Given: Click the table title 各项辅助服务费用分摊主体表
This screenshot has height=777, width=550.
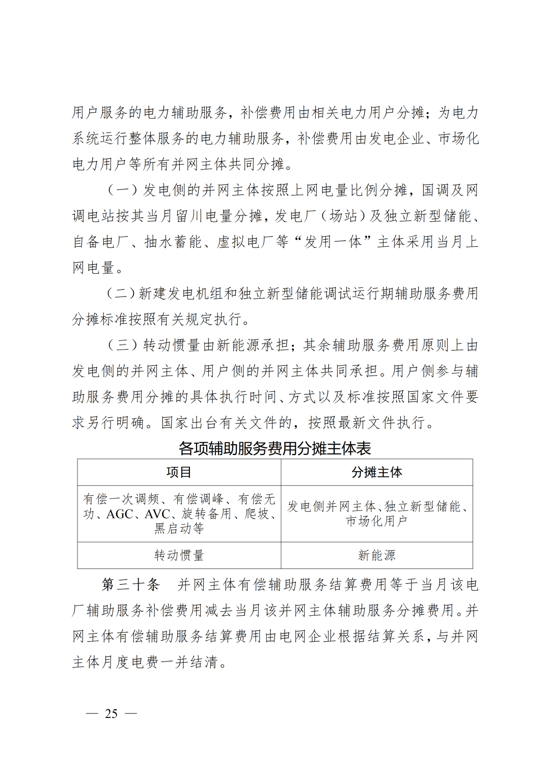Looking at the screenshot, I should point(274,448).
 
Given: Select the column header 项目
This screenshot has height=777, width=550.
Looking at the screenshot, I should point(179,472).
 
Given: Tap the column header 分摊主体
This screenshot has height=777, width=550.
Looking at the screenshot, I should point(376,472).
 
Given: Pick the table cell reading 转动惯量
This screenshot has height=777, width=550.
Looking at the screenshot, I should point(179,555).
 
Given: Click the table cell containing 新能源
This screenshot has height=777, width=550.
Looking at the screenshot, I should point(376,555).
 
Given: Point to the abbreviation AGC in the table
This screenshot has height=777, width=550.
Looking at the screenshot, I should point(120,514).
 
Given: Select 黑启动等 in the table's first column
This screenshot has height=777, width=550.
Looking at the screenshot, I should point(179,529).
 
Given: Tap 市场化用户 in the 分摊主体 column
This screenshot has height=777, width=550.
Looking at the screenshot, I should point(376,521).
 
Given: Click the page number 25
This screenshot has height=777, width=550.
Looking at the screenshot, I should point(111,714).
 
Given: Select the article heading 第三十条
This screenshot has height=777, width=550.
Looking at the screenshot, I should point(131,584).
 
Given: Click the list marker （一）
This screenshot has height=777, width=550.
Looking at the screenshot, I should point(123,190).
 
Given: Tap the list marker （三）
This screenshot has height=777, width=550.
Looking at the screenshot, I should point(123,346).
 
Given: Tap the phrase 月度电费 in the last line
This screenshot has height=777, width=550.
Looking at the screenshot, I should point(130,662).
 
